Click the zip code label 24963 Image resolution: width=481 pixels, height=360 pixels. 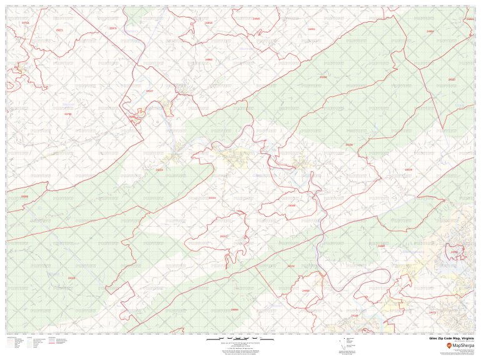click(x=209, y=59)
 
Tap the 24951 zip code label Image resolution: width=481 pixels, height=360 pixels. click(x=311, y=29)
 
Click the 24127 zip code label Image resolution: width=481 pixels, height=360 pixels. click(x=452, y=79)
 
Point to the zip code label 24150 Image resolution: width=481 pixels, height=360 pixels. click(x=350, y=144)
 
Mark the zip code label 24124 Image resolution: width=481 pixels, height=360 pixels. click(x=159, y=169)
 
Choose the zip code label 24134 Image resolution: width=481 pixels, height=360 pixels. click(x=212, y=198)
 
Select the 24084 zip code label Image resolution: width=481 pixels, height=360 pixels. click(x=235, y=309)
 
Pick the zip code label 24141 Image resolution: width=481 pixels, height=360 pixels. click(x=355, y=316)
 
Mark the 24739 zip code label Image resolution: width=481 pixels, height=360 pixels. click(x=68, y=114)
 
